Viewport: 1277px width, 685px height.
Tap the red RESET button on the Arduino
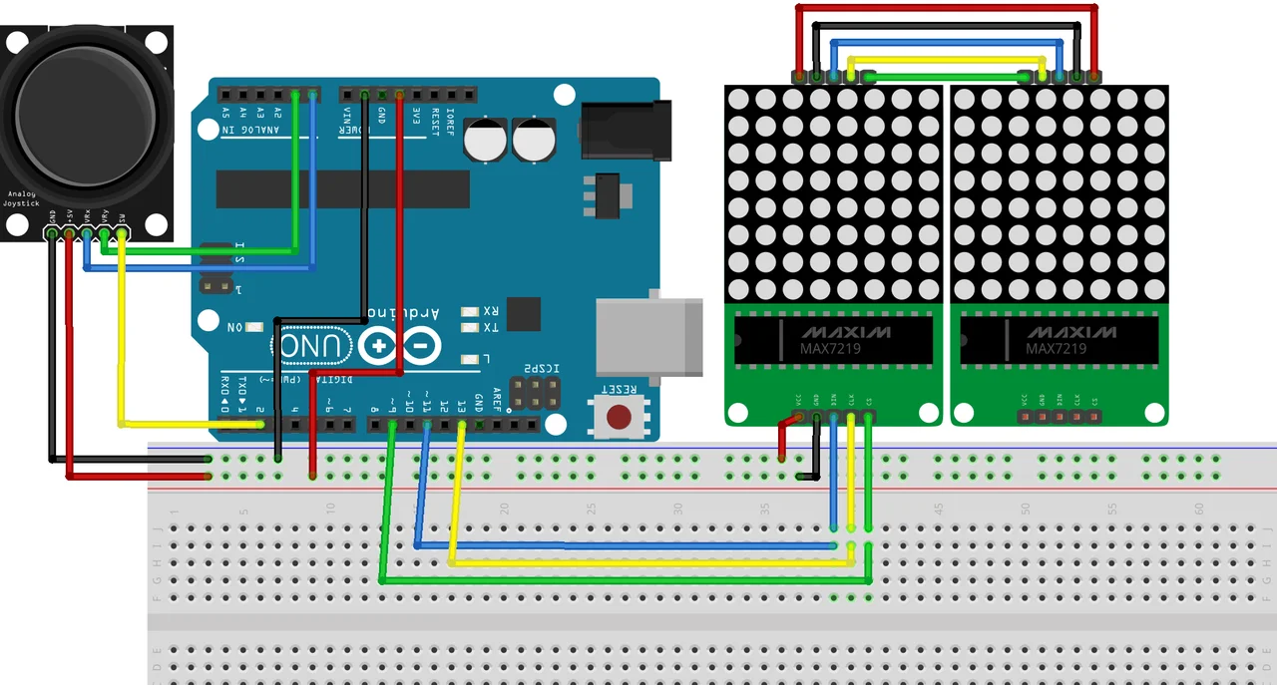620,416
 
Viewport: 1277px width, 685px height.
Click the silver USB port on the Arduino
639,339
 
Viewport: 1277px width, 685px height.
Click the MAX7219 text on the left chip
830,349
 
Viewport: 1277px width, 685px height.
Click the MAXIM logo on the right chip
1057,331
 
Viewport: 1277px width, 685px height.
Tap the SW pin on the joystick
122,234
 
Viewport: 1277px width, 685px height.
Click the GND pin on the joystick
52,234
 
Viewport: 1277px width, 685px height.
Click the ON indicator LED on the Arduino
255,327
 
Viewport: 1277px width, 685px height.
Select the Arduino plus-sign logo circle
380,347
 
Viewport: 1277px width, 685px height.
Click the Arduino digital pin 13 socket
462,425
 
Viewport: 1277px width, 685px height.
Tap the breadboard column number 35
764,509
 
